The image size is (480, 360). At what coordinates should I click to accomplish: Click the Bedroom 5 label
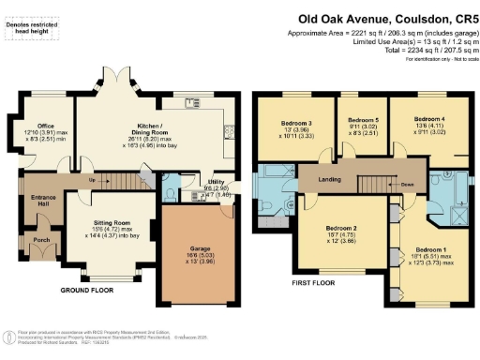click(362, 119)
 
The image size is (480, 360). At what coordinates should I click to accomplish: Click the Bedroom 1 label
click(431, 249)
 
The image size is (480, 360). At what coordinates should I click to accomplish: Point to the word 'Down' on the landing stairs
click(408, 185)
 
